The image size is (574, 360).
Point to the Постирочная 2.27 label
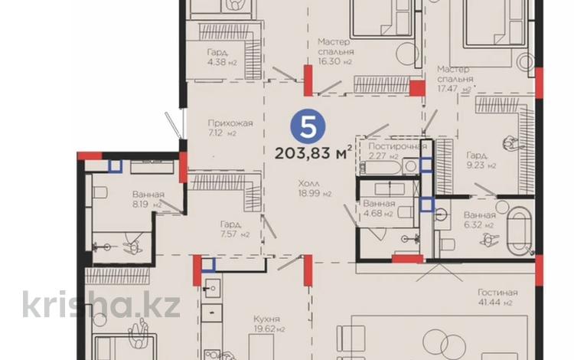click(396, 151)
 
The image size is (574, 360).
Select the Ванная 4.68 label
click(380, 208)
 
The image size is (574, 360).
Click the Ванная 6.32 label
click(480, 220)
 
